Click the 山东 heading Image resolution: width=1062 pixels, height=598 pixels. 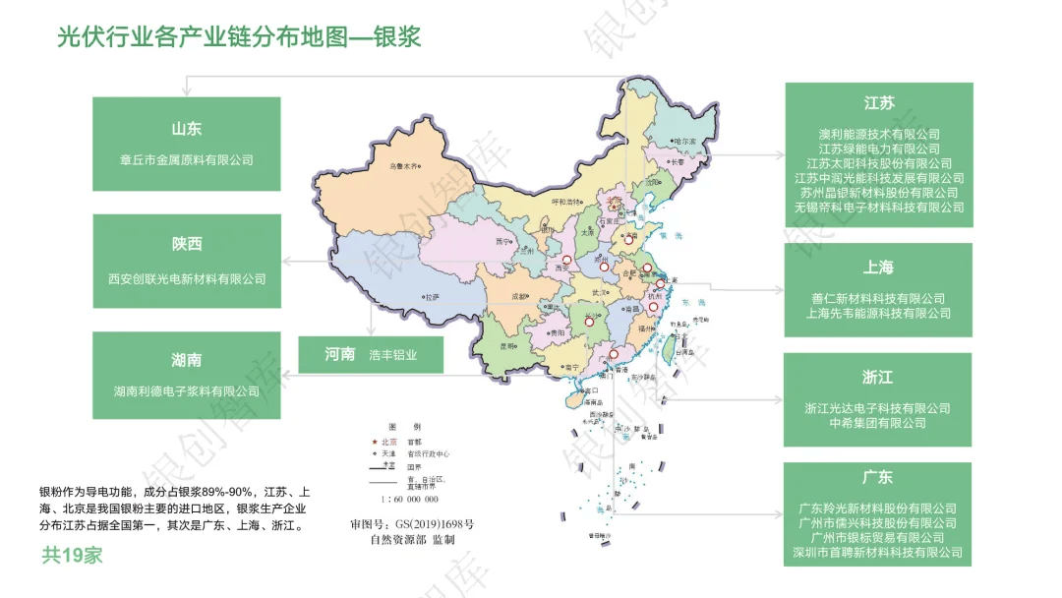(x=186, y=129)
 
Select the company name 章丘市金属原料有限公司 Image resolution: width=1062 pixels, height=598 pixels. (x=186, y=159)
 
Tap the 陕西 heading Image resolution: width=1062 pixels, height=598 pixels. (x=186, y=244)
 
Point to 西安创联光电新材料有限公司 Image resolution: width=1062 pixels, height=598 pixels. (x=187, y=278)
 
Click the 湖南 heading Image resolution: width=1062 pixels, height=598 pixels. (x=186, y=360)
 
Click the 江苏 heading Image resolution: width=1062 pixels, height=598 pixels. (x=879, y=103)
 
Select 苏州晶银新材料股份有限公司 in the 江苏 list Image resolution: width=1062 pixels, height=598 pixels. (x=879, y=193)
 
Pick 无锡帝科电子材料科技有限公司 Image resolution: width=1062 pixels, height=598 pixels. (x=879, y=208)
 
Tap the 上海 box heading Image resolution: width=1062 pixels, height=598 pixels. (x=878, y=268)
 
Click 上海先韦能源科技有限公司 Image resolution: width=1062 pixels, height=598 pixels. (x=879, y=313)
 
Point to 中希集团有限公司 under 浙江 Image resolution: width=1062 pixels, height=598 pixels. (x=878, y=423)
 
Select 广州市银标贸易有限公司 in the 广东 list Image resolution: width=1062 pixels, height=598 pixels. (x=878, y=538)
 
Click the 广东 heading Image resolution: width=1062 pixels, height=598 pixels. (x=878, y=477)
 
